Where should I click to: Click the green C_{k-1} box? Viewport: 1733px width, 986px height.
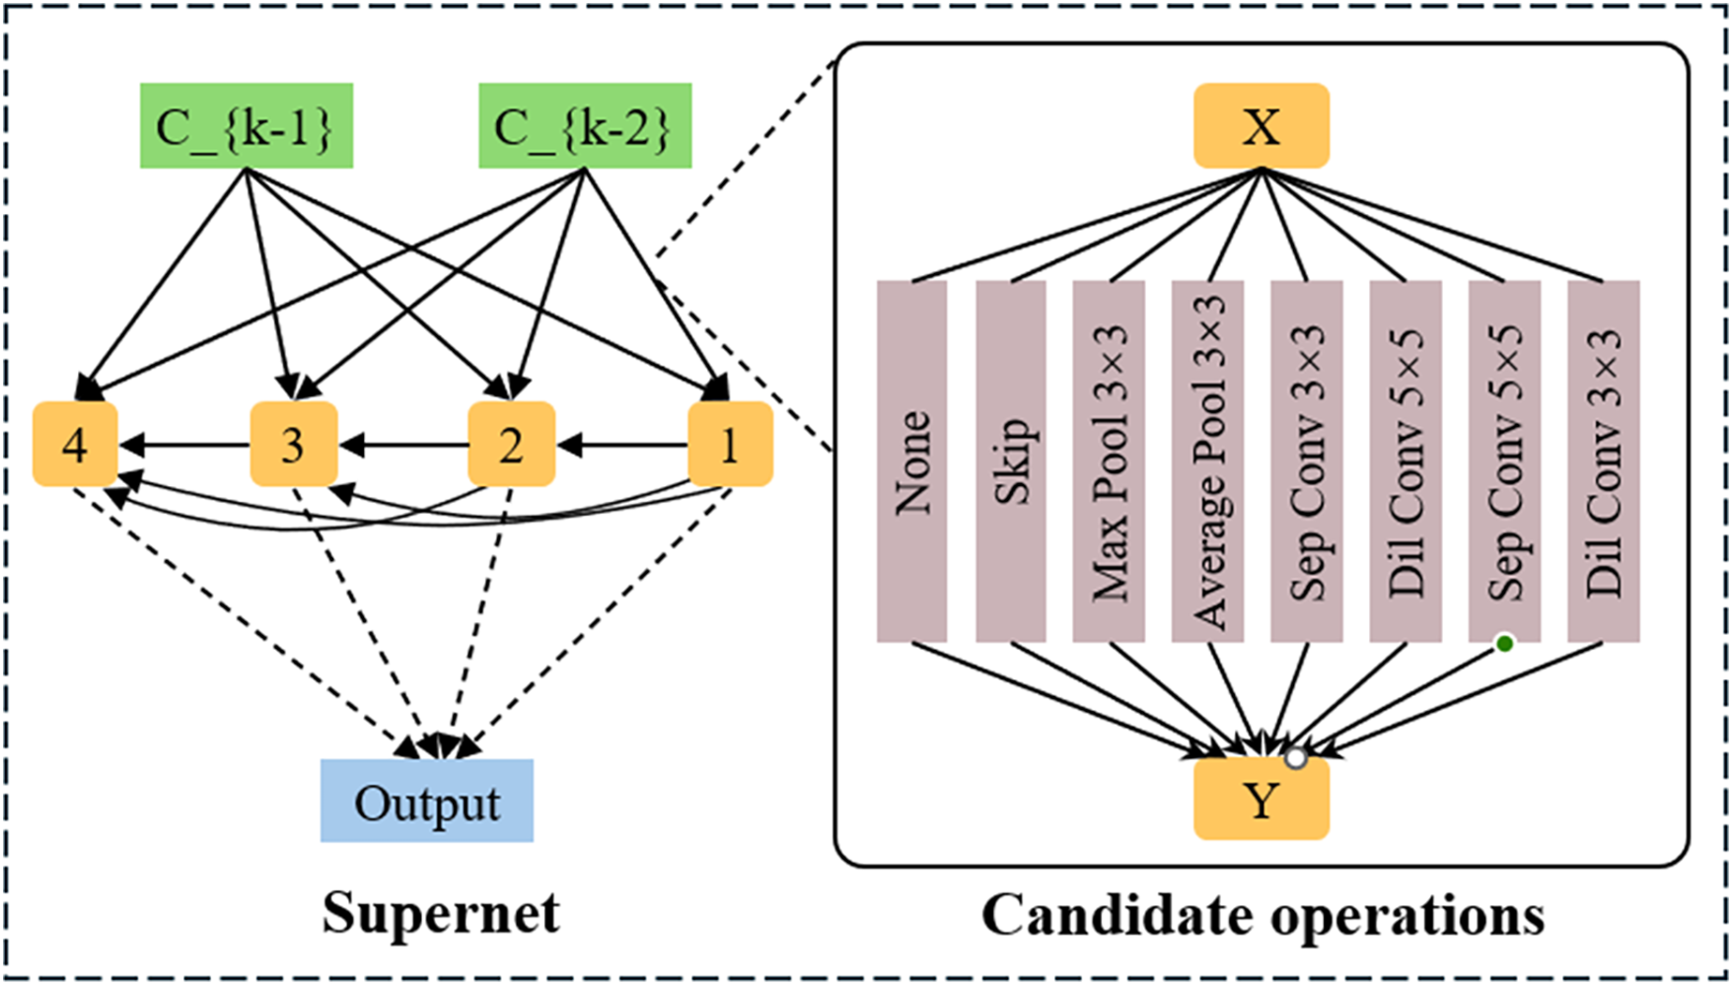(x=247, y=125)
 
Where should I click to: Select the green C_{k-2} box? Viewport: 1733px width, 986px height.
(x=585, y=125)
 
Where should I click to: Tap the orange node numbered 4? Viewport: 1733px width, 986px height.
(x=75, y=444)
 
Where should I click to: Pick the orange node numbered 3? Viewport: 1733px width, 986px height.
(x=294, y=444)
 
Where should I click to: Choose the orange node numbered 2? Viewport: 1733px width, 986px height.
(x=511, y=444)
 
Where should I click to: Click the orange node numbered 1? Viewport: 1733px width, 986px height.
(x=730, y=444)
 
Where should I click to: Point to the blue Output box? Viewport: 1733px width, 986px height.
(x=427, y=801)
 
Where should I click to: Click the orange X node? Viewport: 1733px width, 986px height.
(x=1262, y=125)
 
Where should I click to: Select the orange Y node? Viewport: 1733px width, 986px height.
(x=1262, y=800)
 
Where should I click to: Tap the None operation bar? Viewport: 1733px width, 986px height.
(x=912, y=461)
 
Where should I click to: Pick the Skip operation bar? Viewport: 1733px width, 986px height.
(x=1011, y=461)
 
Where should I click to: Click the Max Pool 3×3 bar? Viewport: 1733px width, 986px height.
(x=1110, y=461)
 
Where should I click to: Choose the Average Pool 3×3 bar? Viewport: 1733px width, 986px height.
(x=1208, y=461)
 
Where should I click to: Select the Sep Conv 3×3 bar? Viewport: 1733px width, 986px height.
(x=1307, y=461)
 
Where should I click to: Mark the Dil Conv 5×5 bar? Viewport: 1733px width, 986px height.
(x=1407, y=461)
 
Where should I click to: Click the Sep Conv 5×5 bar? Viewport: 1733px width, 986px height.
(x=1505, y=461)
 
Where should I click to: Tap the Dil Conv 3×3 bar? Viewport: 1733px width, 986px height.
(x=1604, y=461)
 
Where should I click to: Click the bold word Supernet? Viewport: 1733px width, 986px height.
(x=441, y=914)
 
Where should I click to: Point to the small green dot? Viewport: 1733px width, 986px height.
(x=1504, y=644)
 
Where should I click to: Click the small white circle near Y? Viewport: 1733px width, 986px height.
(x=1296, y=758)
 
